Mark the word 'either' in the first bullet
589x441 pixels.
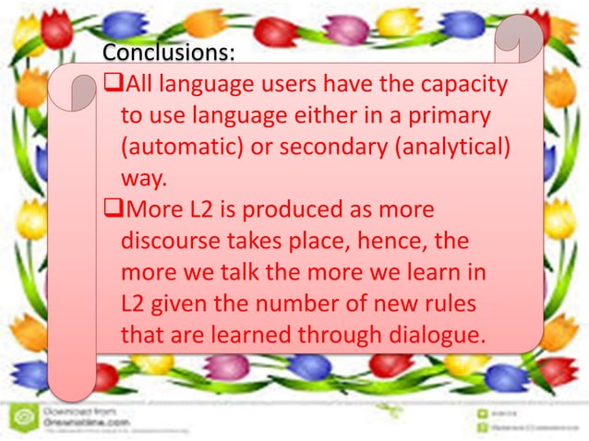pos(322,118)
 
